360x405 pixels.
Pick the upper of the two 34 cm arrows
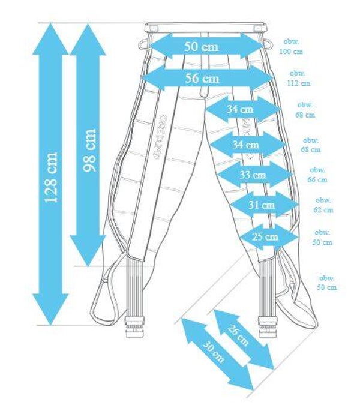(242, 109)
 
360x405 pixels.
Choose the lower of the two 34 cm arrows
(247, 144)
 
